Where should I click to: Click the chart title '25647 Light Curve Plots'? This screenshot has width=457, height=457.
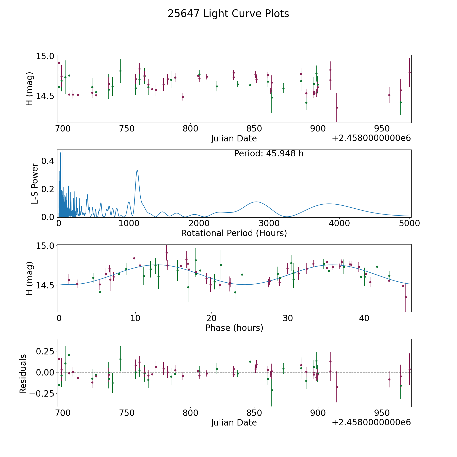228,14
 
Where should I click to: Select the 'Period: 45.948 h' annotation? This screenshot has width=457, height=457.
269,154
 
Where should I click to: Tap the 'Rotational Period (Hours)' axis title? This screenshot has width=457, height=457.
234,233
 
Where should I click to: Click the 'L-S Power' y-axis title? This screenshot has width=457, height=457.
35,184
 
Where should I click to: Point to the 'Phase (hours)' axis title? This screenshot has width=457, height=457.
234,328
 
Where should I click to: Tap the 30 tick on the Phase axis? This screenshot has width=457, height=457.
288,318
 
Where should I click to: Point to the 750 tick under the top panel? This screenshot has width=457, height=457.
126,129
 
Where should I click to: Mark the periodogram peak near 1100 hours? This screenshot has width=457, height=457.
137,170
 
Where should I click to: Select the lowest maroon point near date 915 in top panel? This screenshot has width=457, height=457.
337,108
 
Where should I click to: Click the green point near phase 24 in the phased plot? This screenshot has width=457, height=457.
242,274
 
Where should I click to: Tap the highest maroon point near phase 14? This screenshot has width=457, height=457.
167,253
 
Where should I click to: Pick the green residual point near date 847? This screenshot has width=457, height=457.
250,362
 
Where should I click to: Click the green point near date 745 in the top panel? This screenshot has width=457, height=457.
120,71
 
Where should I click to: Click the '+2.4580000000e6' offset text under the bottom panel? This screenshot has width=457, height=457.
371,422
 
